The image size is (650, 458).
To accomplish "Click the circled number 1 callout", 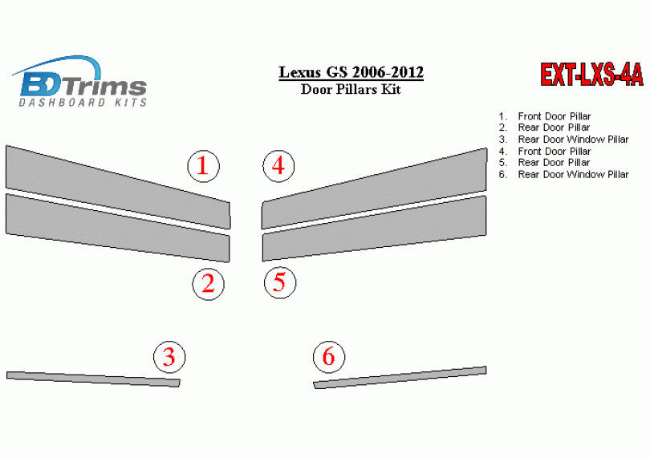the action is (203, 166).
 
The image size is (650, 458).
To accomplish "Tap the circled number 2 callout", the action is (208, 284).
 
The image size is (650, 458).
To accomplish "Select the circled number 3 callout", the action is (169, 357).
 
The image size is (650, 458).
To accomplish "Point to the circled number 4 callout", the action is (278, 166).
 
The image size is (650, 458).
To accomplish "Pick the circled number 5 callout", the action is (280, 282).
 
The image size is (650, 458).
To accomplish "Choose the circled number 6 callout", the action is (329, 356).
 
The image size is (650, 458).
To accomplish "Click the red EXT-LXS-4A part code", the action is (591, 75).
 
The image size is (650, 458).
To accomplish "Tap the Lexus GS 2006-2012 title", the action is (351, 72).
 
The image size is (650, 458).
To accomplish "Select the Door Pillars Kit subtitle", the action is (351, 89).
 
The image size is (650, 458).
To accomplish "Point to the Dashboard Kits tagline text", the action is (83, 103).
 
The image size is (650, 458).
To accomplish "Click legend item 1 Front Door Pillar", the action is (545, 116).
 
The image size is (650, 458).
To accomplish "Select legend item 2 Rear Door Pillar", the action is (544, 128).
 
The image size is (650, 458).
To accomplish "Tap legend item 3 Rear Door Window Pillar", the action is (564, 140).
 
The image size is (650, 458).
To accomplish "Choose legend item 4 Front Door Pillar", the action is (545, 151).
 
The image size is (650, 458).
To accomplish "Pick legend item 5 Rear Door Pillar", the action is (544, 163).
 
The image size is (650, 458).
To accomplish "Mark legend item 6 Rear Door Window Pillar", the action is (564, 175).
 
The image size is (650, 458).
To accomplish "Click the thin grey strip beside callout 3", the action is (93, 379).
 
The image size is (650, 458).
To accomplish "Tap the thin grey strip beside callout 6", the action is (400, 377).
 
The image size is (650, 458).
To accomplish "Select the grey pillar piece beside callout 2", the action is (118, 228).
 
